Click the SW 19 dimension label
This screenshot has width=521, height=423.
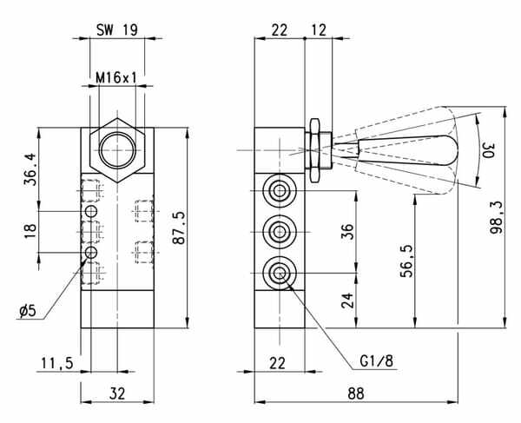click(x=117, y=30)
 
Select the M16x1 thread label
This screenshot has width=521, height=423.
click(x=116, y=78)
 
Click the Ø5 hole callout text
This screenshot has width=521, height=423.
click(x=27, y=311)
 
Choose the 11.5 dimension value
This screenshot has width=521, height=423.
click(x=57, y=363)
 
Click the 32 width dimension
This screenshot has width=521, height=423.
click(x=117, y=393)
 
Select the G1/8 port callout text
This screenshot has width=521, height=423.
click(x=376, y=360)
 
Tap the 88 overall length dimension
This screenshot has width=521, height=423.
click(x=356, y=393)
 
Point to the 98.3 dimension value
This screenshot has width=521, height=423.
click(x=497, y=218)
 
